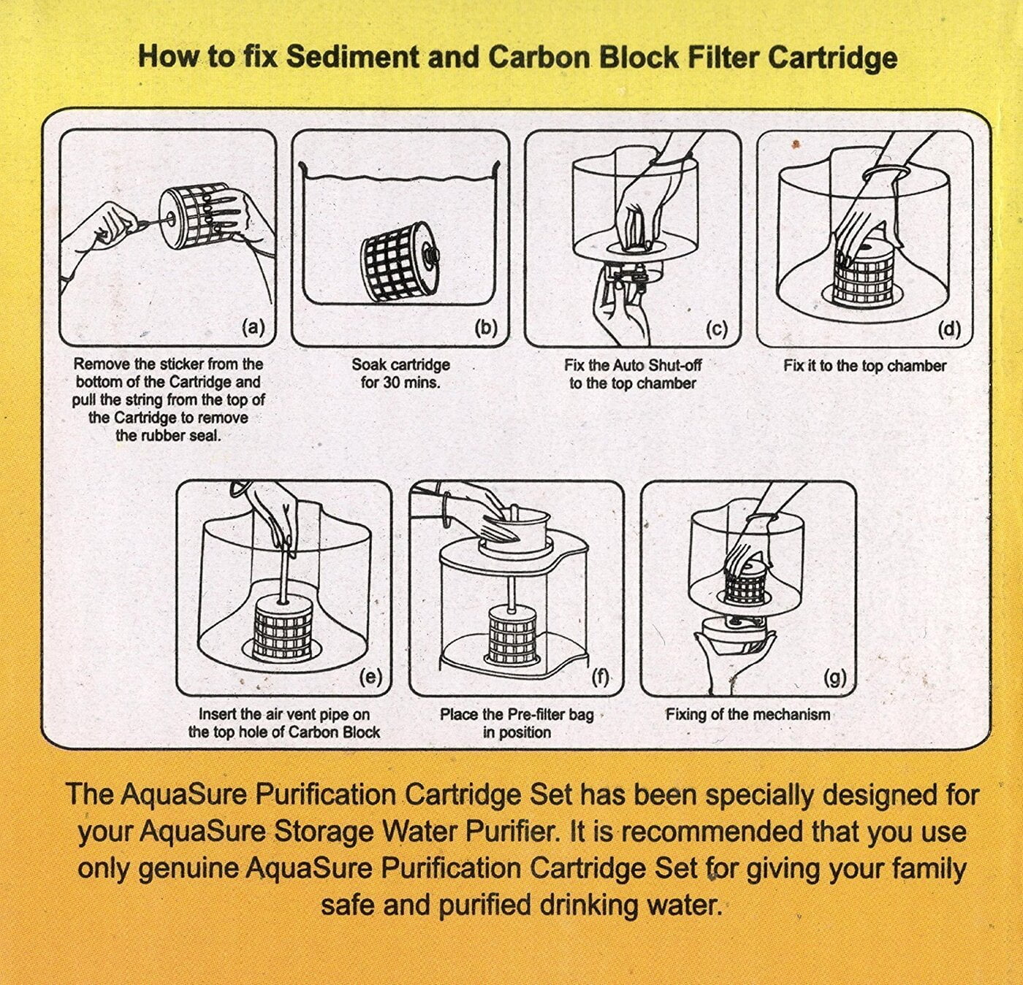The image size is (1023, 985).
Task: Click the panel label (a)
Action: pyautogui.click(x=253, y=328)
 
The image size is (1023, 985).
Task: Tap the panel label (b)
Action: pyautogui.click(x=485, y=328)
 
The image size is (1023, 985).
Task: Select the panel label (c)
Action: pyautogui.click(x=716, y=329)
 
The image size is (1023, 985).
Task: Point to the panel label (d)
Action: pyautogui.click(x=948, y=329)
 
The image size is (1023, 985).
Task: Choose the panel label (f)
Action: pyautogui.click(x=600, y=678)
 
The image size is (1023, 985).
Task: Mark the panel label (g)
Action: pyautogui.click(x=834, y=678)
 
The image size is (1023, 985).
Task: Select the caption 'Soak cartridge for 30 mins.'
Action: pyautogui.click(x=400, y=373)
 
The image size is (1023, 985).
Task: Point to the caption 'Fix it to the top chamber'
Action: pyautogui.click(x=864, y=366)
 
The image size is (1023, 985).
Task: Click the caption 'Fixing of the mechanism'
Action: pyautogui.click(x=748, y=714)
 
